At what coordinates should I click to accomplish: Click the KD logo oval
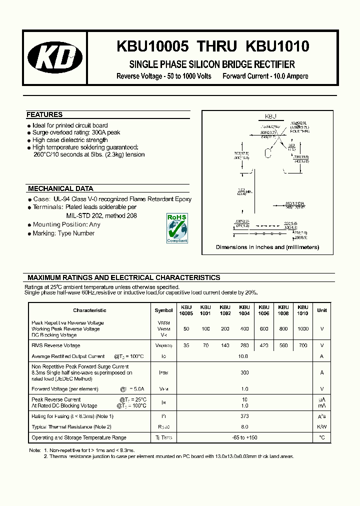click(55, 58)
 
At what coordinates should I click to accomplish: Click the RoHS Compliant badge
click(176, 228)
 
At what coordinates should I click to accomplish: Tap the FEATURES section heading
click(44, 114)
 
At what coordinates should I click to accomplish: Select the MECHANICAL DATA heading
click(60, 189)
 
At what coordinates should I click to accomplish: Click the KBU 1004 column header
click(244, 310)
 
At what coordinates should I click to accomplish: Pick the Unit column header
click(322, 310)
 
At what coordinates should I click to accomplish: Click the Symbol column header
click(163, 310)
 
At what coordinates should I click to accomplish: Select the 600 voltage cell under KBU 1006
click(263, 329)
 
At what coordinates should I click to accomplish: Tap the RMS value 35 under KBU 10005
click(186, 345)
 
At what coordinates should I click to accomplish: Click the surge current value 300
click(244, 372)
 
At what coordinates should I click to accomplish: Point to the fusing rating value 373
click(244, 416)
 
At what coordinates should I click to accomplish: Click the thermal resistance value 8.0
click(244, 427)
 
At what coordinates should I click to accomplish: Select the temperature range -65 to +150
click(244, 437)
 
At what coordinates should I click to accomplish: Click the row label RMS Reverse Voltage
click(55, 345)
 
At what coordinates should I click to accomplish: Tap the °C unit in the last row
click(322, 437)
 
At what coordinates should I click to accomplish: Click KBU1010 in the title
click(277, 46)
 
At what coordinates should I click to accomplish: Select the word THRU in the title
click(216, 46)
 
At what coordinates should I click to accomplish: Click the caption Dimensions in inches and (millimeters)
click(267, 247)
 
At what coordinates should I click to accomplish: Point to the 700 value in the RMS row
click(302, 345)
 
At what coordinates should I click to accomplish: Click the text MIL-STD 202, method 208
click(101, 215)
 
